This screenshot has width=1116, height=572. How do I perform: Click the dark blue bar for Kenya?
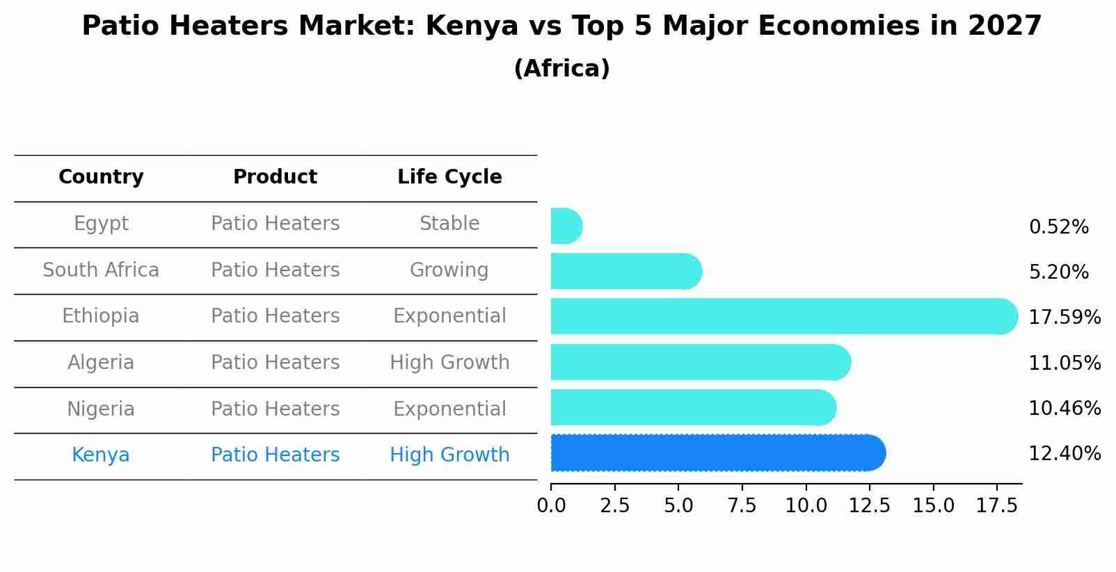click(717, 453)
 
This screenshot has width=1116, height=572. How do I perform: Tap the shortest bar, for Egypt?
click(566, 227)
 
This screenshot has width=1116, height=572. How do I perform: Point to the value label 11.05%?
click(1065, 363)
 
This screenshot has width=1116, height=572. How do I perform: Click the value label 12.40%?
click(1065, 454)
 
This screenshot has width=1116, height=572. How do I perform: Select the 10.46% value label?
click(1065, 409)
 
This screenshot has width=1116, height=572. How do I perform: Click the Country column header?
click(101, 177)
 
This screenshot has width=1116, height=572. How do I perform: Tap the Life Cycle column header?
click(449, 177)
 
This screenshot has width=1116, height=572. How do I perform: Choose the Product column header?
click(275, 177)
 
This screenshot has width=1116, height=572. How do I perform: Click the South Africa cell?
click(101, 270)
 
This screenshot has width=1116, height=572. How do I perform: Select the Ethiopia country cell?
click(101, 316)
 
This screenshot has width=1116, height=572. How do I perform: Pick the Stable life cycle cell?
click(449, 224)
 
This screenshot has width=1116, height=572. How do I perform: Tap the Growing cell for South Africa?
click(449, 270)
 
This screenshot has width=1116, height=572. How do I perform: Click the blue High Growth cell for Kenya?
click(449, 455)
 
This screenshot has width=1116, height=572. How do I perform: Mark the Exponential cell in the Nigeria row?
click(449, 409)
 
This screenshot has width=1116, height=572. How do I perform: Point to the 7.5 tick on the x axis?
click(742, 505)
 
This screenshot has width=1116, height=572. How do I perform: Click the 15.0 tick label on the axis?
click(933, 505)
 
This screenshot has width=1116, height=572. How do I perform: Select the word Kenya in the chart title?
click(472, 26)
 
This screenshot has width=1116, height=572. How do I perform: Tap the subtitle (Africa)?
click(561, 69)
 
